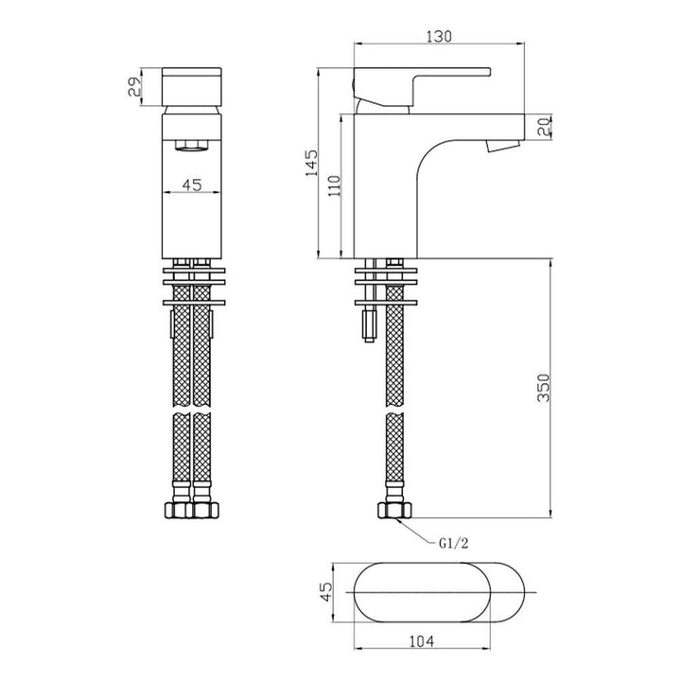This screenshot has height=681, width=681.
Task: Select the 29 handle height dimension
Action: (x=136, y=87)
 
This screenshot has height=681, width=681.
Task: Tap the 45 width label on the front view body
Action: (x=192, y=185)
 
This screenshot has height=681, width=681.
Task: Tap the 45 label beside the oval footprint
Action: (x=325, y=593)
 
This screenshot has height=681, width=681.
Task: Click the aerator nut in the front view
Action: (x=192, y=146)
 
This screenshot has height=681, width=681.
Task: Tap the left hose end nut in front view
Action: (x=179, y=511)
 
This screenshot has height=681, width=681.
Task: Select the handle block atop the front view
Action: (x=192, y=88)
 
